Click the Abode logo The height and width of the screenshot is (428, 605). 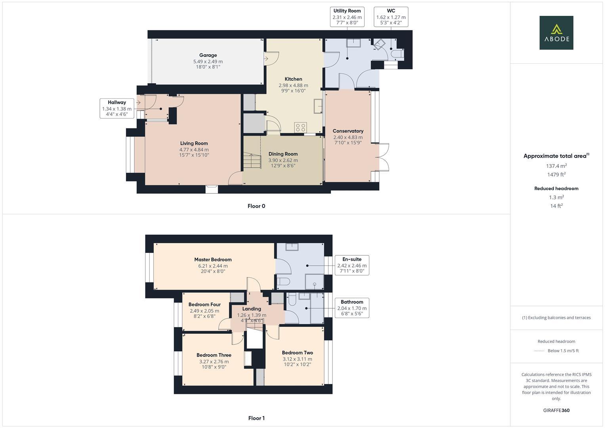(556, 33)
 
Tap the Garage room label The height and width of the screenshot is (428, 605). (208, 55)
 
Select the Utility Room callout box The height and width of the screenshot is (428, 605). (347, 17)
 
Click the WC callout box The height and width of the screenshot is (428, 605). (391, 17)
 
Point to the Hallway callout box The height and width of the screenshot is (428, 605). (116, 108)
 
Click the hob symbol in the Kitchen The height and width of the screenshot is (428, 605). (300, 127)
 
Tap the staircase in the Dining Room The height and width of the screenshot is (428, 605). (252, 161)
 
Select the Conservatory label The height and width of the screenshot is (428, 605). (348, 131)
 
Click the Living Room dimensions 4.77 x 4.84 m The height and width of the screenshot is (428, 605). (194, 150)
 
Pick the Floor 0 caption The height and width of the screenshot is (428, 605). (256, 206)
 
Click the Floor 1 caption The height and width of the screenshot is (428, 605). (256, 418)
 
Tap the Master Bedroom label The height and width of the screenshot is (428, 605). (213, 260)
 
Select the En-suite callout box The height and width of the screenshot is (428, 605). (352, 265)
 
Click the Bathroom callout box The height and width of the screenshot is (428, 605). (352, 308)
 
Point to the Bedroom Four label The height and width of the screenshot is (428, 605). (204, 304)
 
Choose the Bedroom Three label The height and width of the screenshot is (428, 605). (214, 355)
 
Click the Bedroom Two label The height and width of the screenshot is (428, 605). (297, 353)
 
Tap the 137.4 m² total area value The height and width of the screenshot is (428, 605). (556, 166)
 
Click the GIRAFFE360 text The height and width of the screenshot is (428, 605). (556, 410)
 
